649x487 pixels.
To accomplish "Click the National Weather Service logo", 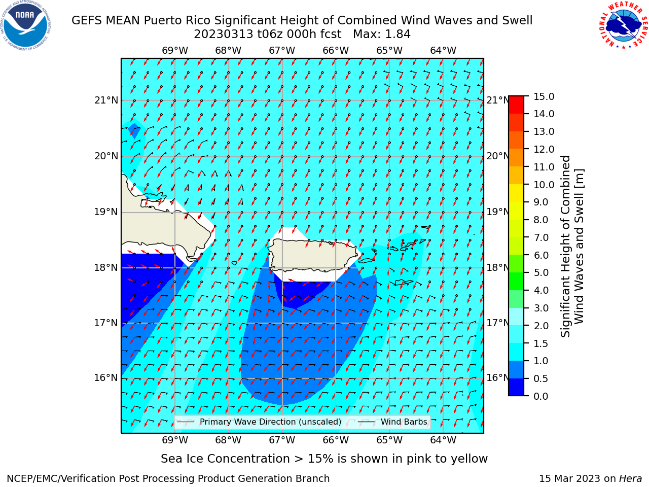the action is [x=623, y=25].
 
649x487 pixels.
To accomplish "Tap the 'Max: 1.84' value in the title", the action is [x=381, y=34].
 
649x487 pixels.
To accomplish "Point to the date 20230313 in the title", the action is [x=224, y=34].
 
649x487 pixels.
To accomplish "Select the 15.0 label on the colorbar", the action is [x=544, y=97].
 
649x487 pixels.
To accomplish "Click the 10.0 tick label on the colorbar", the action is [x=544, y=185].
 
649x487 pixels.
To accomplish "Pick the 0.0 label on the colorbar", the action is [x=541, y=396].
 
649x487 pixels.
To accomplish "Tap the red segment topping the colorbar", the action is [x=516, y=105].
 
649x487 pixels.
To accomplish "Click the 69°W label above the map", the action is [x=175, y=51].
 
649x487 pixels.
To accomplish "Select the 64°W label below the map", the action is [x=443, y=440].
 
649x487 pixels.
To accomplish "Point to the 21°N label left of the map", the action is [x=106, y=100].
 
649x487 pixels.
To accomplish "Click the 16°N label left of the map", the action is [x=106, y=378].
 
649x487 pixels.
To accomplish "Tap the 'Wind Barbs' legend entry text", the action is [x=404, y=422].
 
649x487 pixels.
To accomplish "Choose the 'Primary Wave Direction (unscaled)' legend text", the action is [x=271, y=422].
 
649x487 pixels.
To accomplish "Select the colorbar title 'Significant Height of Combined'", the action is [x=565, y=247].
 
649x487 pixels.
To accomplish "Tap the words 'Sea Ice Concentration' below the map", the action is [x=225, y=459].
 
